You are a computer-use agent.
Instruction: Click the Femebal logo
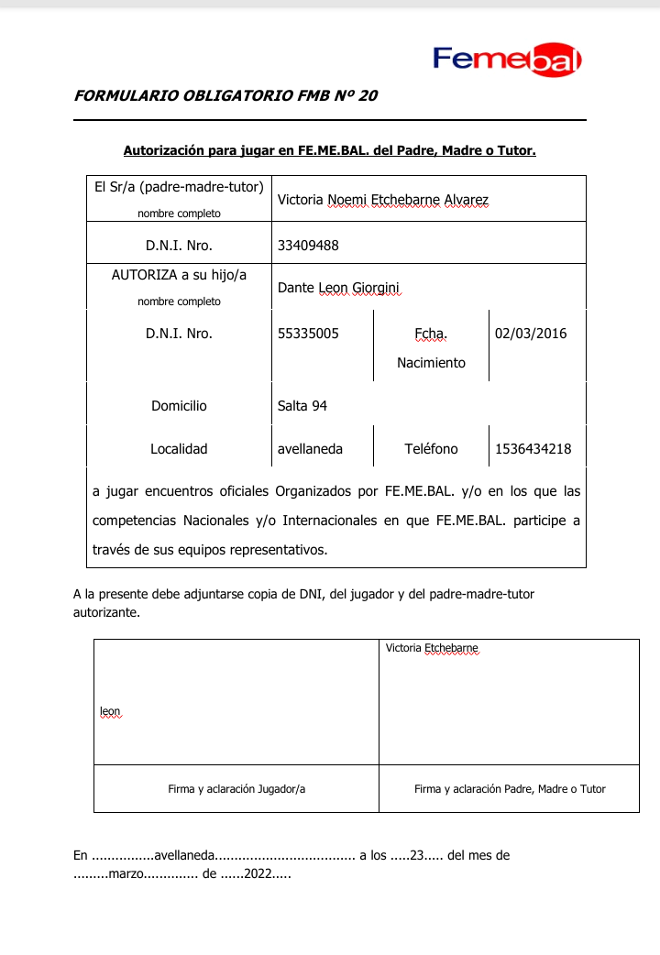507,60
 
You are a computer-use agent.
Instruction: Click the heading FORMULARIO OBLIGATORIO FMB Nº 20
225,95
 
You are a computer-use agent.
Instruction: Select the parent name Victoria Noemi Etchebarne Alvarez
383,200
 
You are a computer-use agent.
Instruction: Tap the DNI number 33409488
308,246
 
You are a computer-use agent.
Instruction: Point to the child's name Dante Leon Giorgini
339,288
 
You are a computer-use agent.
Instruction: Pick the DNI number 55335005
308,334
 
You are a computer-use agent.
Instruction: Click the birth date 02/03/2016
531,334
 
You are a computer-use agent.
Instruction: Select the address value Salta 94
302,405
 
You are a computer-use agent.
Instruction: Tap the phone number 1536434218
533,449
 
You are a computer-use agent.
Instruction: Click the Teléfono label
431,449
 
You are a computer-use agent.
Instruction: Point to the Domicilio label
179,405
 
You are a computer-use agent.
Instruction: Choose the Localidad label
179,449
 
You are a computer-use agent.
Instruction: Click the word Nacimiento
431,363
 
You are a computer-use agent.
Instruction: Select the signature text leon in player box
110,711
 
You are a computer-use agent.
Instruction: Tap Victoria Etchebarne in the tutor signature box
432,648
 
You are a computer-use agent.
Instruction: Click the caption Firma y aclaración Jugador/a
236,788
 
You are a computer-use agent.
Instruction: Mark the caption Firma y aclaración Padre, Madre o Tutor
510,788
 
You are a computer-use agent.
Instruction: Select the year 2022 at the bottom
258,873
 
